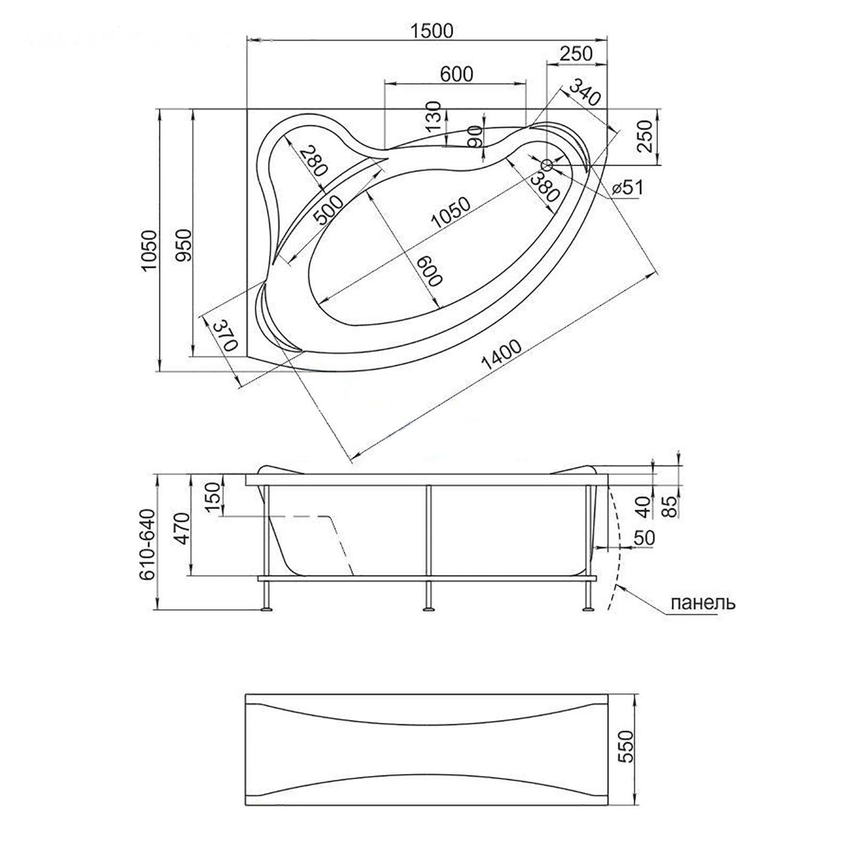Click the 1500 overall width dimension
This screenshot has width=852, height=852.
(x=431, y=31)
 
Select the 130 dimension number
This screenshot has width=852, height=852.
(x=435, y=117)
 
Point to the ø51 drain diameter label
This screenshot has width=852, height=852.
(x=627, y=187)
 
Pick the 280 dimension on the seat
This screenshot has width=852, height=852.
(x=312, y=162)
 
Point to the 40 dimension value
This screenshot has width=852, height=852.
(x=645, y=506)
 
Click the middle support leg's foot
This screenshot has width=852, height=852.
(x=427, y=608)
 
